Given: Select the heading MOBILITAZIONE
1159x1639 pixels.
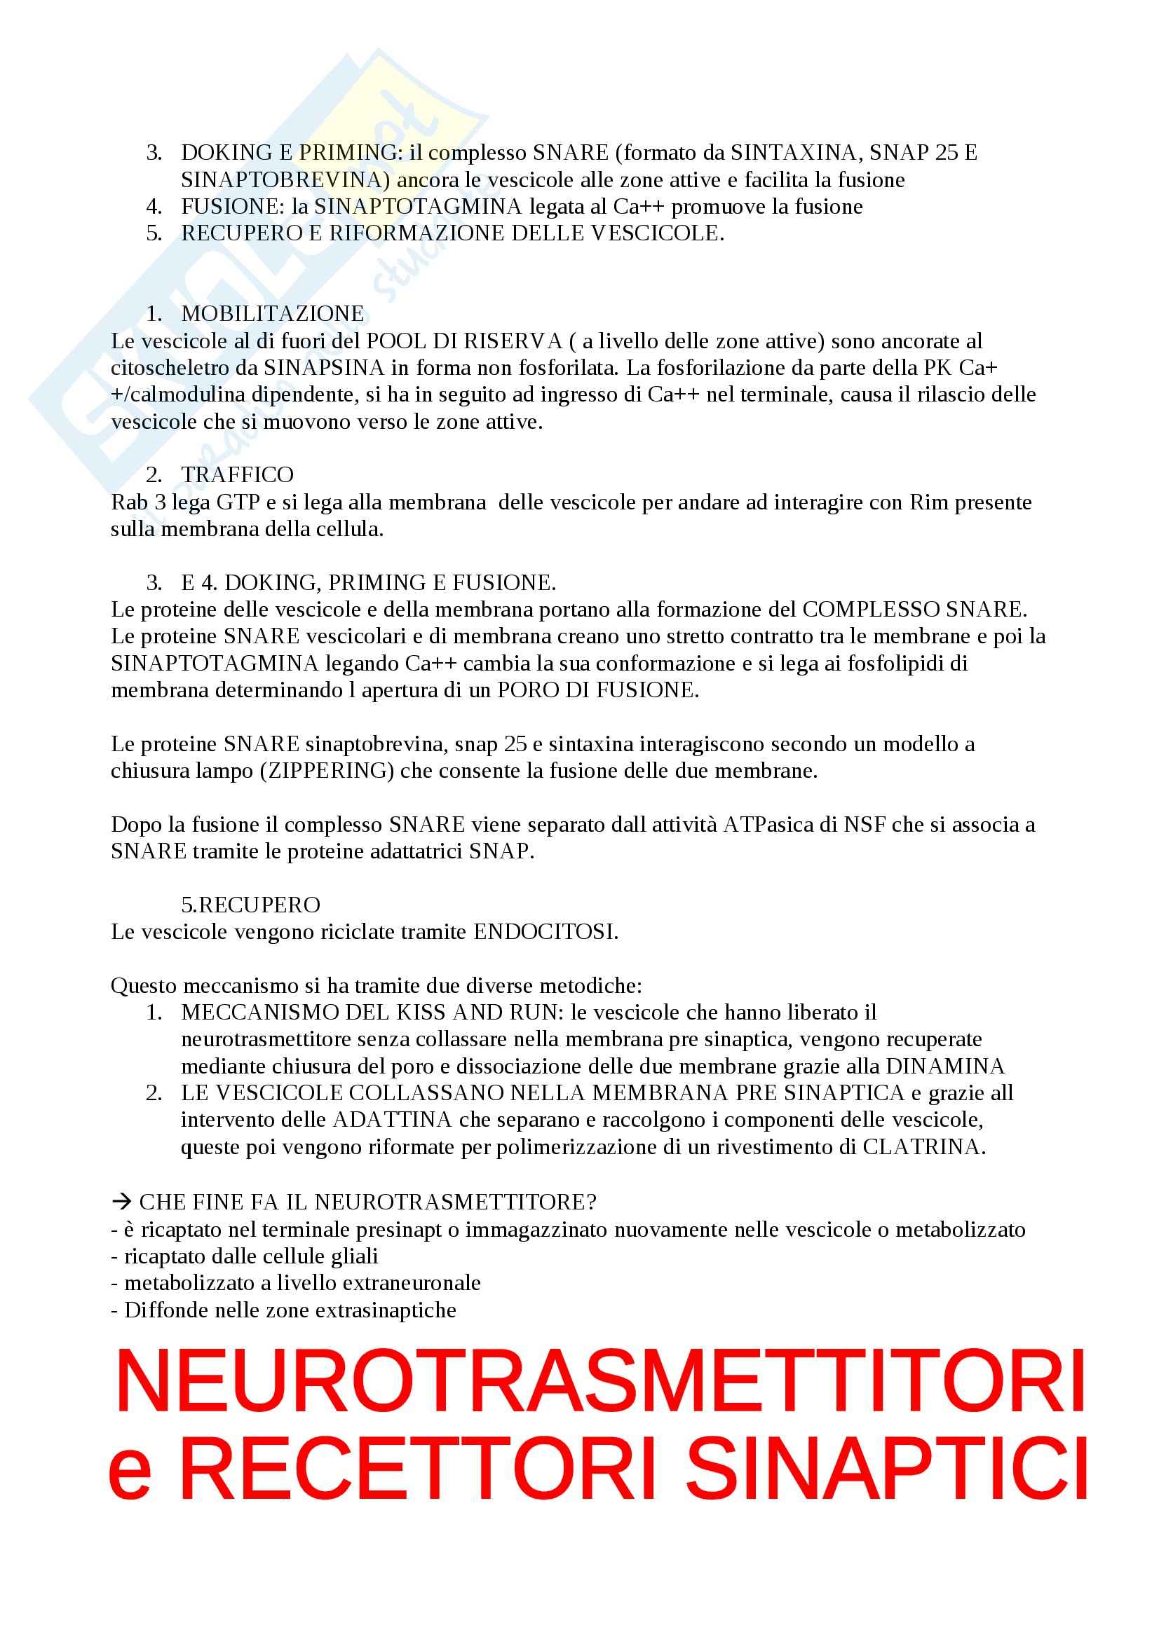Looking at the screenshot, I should coord(272,313).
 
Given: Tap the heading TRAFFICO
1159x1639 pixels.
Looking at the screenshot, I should coord(237,474).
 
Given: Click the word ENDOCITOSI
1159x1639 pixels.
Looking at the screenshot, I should coord(545,931).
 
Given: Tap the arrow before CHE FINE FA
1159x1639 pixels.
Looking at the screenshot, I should coord(121,1202).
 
